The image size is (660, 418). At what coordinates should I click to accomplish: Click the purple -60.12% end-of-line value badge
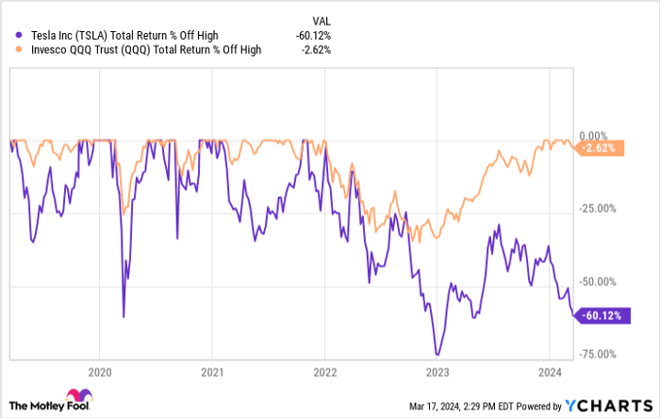(x=600, y=315)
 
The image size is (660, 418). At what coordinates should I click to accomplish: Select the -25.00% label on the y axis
(x=600, y=209)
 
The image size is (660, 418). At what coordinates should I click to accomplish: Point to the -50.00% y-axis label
(x=600, y=281)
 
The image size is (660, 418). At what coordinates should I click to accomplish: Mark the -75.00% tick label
(x=600, y=354)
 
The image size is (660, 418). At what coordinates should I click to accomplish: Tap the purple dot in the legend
(x=9, y=36)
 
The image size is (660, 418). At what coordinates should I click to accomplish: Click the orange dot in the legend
(x=9, y=52)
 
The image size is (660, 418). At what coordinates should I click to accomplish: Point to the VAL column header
(x=322, y=20)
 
